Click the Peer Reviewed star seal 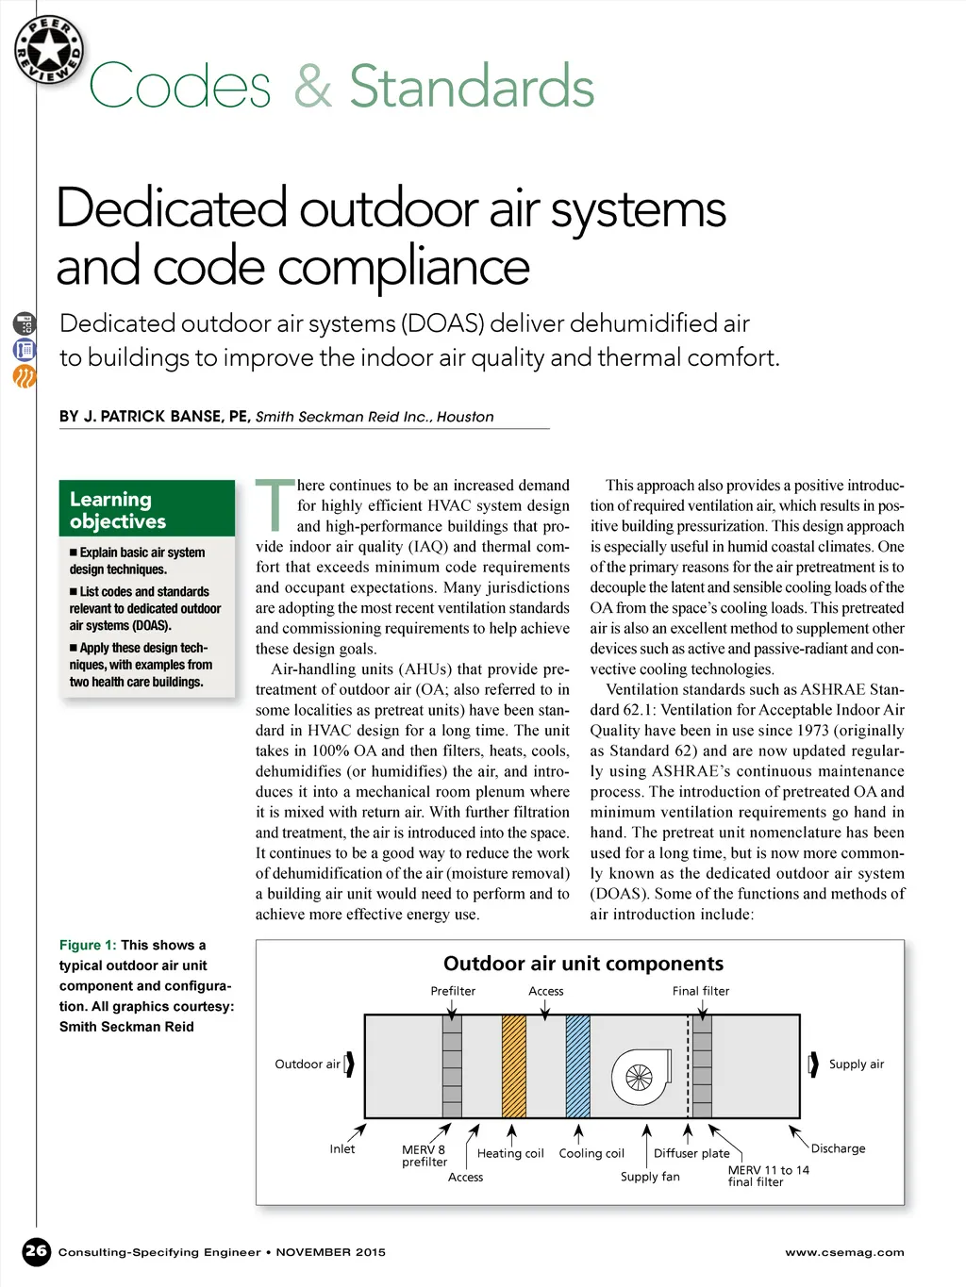click(x=49, y=49)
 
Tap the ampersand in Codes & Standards click(x=311, y=87)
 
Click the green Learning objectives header click(x=146, y=509)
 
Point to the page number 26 click(x=36, y=1251)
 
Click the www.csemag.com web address click(x=844, y=1252)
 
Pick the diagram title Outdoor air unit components click(x=583, y=964)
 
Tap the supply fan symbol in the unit click(x=640, y=1076)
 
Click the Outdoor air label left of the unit click(x=307, y=1064)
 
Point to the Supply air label click(x=856, y=1064)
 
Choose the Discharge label click(x=838, y=1148)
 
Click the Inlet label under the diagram click(x=342, y=1149)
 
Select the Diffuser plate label click(x=691, y=1153)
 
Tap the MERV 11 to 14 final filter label click(x=768, y=1176)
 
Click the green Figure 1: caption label click(x=88, y=945)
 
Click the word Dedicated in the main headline click(x=171, y=208)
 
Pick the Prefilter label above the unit click(x=453, y=991)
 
